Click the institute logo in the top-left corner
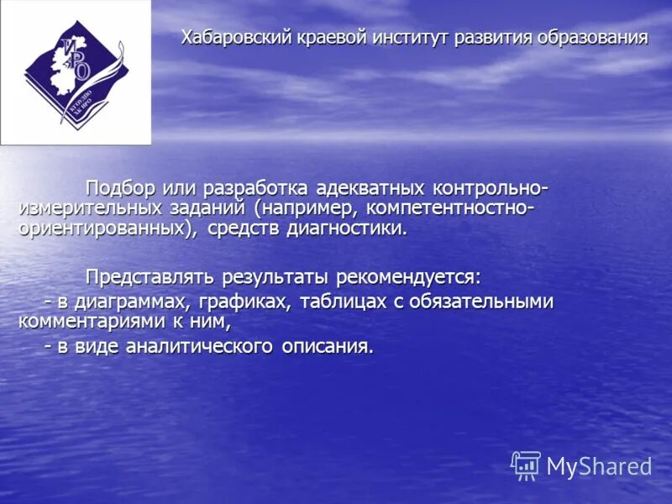tap(76, 72)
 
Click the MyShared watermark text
tap(600, 466)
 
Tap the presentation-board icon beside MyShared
tap(526, 465)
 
